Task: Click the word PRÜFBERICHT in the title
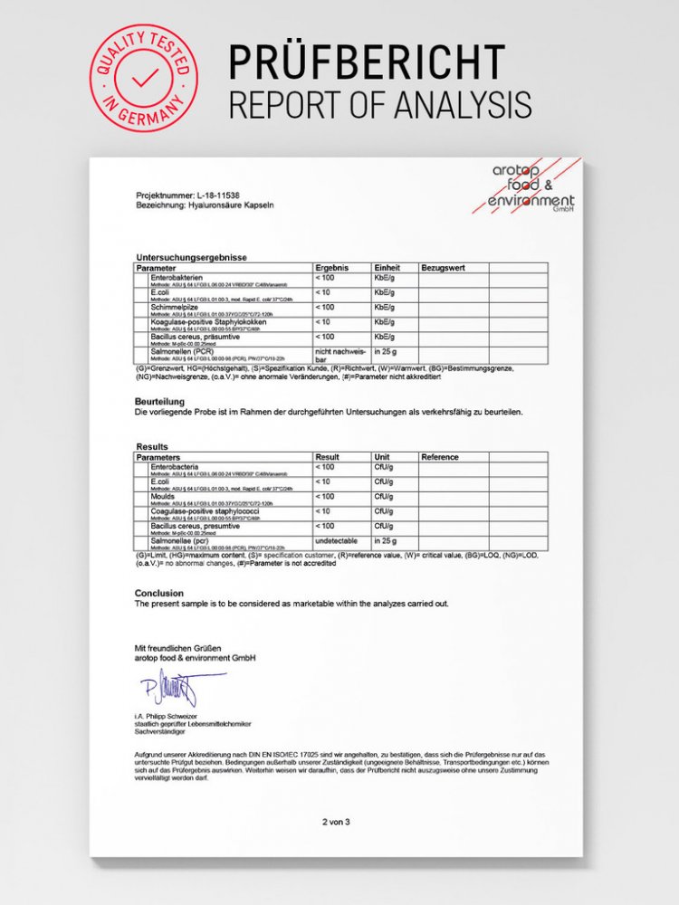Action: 366,62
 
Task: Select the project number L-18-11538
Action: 221,195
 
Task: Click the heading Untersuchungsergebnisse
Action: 191,258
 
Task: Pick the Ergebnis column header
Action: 331,268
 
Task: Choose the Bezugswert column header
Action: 443,268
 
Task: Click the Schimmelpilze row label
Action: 177,307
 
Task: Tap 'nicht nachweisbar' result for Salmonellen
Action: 339,355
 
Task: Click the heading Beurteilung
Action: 159,400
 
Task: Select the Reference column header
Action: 440,457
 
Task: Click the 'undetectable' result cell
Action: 339,540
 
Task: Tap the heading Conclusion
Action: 159,594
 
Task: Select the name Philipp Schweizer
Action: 180,717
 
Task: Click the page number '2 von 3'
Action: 335,822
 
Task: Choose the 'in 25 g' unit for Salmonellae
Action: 387,540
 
